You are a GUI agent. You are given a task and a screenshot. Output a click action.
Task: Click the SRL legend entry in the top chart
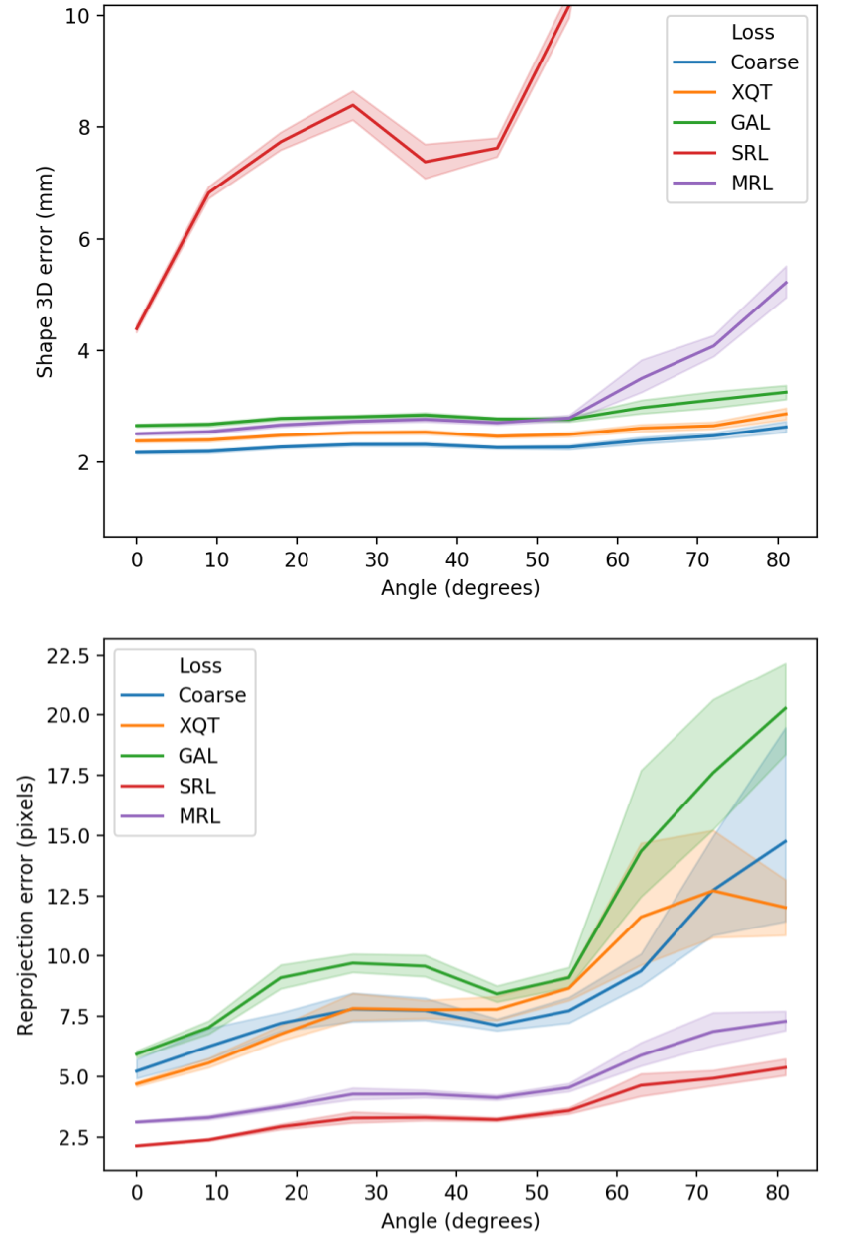click(x=749, y=153)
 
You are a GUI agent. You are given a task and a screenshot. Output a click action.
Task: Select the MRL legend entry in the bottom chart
click(x=197, y=816)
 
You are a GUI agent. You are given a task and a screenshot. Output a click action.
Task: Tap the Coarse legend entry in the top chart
click(x=764, y=62)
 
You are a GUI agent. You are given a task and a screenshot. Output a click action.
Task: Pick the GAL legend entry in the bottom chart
click(x=197, y=756)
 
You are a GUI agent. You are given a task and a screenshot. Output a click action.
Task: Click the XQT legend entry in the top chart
click(x=751, y=92)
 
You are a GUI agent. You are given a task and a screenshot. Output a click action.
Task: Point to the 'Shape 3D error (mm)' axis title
click(x=45, y=272)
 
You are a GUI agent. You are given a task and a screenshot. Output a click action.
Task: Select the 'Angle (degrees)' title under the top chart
click(x=460, y=588)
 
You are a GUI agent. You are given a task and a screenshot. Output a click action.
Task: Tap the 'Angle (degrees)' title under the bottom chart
click(x=460, y=1221)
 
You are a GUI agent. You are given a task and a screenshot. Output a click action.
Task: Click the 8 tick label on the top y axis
click(x=84, y=127)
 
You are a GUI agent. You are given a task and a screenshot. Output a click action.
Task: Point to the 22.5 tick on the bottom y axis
click(x=70, y=656)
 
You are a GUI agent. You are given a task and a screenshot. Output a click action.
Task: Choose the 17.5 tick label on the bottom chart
click(x=70, y=776)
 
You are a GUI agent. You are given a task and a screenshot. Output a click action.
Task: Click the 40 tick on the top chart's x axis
click(x=457, y=559)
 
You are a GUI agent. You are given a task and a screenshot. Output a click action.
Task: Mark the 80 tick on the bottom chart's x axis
click(x=779, y=1191)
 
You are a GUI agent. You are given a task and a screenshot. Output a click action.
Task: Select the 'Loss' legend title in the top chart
click(x=752, y=32)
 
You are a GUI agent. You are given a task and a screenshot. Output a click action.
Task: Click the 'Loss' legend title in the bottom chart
click(x=199, y=665)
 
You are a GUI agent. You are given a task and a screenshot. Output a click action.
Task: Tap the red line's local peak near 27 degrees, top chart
click(x=353, y=105)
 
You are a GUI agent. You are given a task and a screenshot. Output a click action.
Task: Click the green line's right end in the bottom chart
click(x=786, y=708)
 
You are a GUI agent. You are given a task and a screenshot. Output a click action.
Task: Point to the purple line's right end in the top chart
click(x=786, y=282)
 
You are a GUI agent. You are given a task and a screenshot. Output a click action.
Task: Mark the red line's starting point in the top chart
click(x=136, y=328)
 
